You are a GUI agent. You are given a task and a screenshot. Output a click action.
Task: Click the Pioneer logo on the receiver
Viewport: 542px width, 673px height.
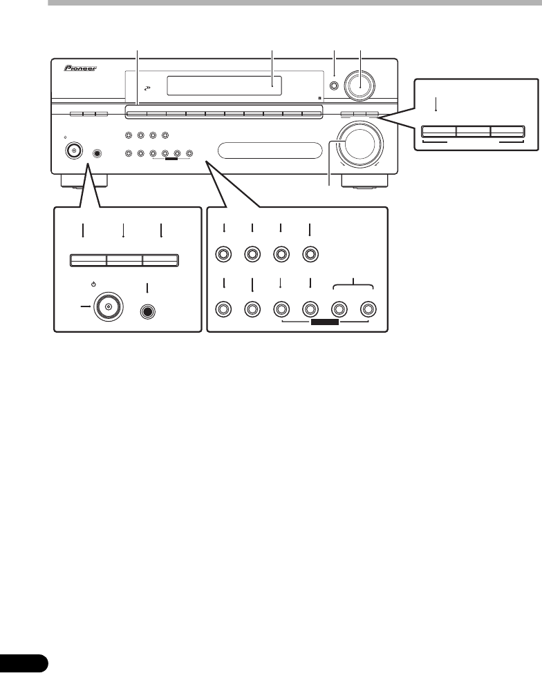click(80, 69)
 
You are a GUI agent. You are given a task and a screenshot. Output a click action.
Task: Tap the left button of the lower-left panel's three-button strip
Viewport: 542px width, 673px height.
click(88, 260)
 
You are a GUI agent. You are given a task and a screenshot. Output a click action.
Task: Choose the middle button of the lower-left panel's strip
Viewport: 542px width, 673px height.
click(124, 260)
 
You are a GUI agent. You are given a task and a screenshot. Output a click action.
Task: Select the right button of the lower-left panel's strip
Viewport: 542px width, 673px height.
click(160, 260)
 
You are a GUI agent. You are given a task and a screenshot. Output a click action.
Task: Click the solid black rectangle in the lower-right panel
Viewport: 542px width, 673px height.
click(324, 322)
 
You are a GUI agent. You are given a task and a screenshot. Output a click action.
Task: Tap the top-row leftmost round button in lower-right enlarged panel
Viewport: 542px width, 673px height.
click(223, 255)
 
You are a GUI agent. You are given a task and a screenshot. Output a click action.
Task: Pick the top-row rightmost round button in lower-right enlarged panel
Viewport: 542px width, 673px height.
click(310, 255)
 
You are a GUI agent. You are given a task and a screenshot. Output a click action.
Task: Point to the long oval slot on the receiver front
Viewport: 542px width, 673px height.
click(270, 150)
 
